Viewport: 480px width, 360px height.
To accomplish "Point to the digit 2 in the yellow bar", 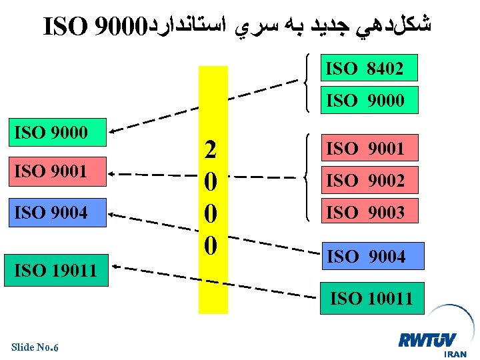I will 211,150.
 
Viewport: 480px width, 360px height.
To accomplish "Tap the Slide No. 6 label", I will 35,347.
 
